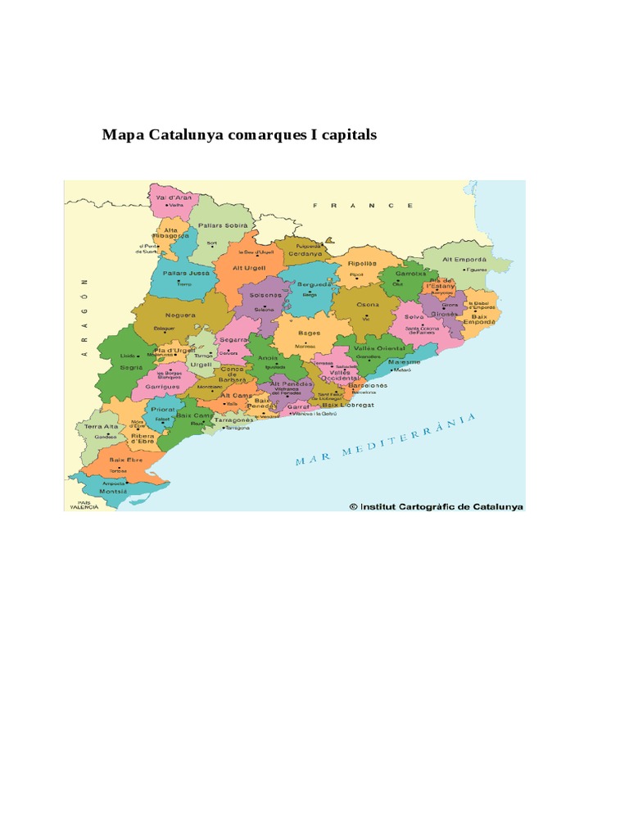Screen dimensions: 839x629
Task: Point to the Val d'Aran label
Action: [x=174, y=197]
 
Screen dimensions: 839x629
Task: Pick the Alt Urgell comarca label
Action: [x=250, y=267]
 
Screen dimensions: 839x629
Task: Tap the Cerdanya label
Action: [x=305, y=253]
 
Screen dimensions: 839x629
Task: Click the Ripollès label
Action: [x=360, y=264]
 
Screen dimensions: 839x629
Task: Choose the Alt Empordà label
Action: [x=464, y=259]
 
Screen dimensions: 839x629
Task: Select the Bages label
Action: [x=309, y=333]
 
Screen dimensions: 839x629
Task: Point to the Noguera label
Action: [x=179, y=315]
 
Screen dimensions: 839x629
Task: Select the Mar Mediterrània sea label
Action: [x=385, y=440]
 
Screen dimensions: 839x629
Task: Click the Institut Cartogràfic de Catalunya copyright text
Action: [x=437, y=506]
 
